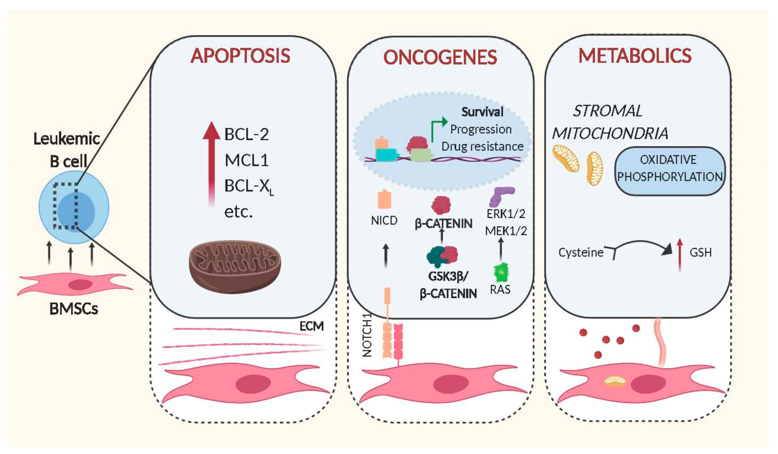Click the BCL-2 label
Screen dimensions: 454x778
[246, 134]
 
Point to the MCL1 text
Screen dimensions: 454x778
[246, 160]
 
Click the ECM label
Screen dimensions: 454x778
[312, 326]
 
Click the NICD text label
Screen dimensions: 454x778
[384, 221]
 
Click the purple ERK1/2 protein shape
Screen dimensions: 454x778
[501, 196]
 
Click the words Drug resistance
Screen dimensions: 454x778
[482, 146]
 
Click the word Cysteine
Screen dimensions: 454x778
[581, 252]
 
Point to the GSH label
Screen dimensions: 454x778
[701, 252]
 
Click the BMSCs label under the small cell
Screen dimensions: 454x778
[73, 308]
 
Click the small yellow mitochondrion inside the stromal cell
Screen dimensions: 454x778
[614, 381]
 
